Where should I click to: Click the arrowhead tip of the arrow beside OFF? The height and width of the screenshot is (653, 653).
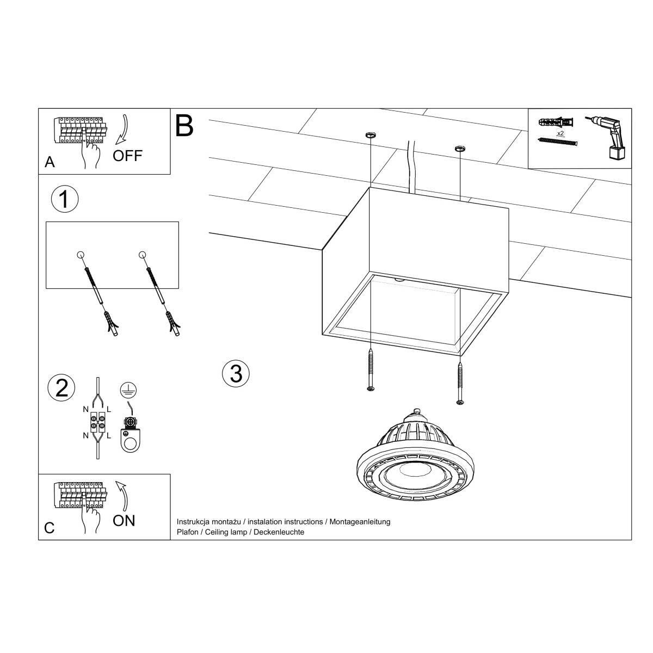[116, 145]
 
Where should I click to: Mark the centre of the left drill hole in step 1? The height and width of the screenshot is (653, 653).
[81, 255]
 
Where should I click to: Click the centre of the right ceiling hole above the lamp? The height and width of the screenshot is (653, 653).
[459, 148]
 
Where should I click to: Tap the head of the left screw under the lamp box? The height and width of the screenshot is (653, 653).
[371, 389]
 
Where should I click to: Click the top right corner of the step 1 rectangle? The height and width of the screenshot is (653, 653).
[178, 222]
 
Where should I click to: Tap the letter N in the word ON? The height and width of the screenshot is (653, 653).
[130, 521]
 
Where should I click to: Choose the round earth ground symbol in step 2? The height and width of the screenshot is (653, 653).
[128, 390]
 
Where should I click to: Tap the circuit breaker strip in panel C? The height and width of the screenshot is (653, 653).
[81, 495]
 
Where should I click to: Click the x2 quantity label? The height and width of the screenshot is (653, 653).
[560, 133]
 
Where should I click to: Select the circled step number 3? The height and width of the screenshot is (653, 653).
[236, 374]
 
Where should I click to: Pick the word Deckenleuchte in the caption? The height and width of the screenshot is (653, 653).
[279, 532]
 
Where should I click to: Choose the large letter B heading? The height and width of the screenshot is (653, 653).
[184, 125]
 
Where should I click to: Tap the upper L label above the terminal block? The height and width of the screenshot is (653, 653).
[108, 409]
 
